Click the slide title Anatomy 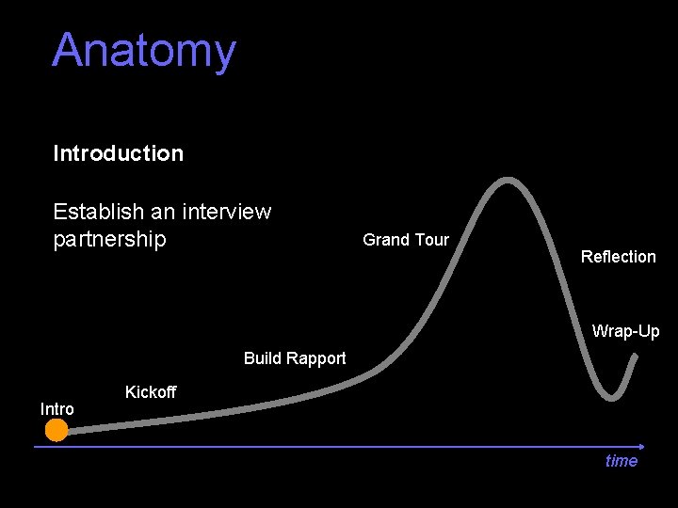144,51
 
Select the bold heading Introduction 119,153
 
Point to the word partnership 109,239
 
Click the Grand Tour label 406,240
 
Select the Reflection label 618,257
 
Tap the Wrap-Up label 625,331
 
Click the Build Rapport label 295,358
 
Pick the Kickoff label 151,392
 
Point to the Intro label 56,408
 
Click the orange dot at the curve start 57,430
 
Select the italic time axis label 621,461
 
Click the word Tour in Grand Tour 431,240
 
